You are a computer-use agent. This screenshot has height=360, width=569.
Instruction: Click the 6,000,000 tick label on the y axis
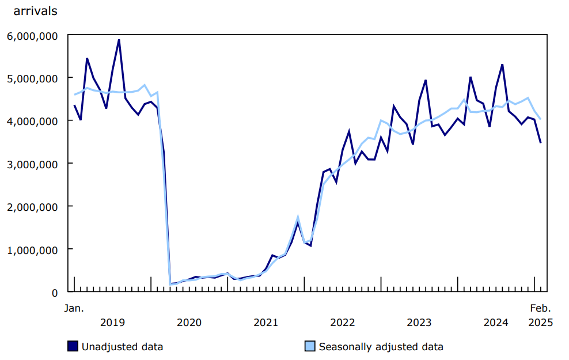pos(32,35)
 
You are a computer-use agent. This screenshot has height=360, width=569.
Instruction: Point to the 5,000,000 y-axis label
pos(32,78)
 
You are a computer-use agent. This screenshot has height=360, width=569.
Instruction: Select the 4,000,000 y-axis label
pos(32,121)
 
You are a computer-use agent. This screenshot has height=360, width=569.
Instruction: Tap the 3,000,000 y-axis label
pos(32,164)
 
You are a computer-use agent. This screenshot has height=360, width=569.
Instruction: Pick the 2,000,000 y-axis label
pos(32,207)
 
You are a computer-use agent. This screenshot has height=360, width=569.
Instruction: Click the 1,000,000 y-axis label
pos(32,250)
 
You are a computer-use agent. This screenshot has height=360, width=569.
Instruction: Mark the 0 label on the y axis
pos(55,293)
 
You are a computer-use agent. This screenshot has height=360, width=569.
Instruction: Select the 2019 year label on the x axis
pos(112,323)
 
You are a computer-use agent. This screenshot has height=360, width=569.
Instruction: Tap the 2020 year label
pos(189,323)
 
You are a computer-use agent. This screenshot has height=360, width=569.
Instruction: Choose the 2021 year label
pos(265,323)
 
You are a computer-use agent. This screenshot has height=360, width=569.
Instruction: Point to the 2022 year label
pos(342,323)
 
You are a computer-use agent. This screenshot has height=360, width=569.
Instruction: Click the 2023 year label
pos(419,323)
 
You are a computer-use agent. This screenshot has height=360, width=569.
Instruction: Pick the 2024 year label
pos(496,323)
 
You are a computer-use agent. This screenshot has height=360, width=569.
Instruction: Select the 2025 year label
pos(540,323)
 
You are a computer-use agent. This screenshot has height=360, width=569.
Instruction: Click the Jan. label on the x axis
pos(73,308)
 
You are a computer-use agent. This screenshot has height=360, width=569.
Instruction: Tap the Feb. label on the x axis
pos(540,308)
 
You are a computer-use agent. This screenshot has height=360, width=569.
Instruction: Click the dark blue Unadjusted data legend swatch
pos(73,346)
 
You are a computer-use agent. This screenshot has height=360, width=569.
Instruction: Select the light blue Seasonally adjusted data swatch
pos(310,346)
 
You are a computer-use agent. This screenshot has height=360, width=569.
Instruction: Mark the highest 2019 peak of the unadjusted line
pos(119,40)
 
